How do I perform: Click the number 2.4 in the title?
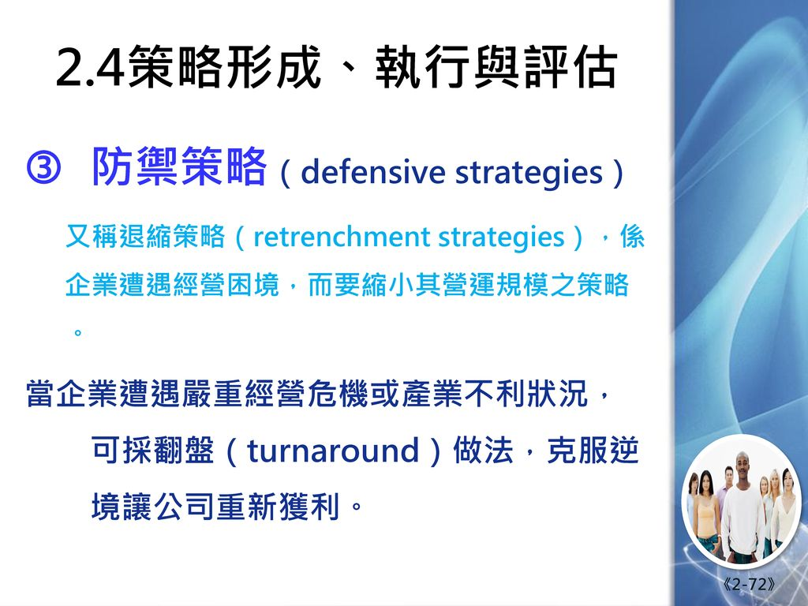(x=90, y=68)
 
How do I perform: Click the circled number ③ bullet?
(x=43, y=169)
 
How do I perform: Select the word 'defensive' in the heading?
(x=372, y=171)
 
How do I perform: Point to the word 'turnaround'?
(x=333, y=451)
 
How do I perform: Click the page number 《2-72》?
(x=749, y=584)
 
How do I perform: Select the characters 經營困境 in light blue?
(x=226, y=284)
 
